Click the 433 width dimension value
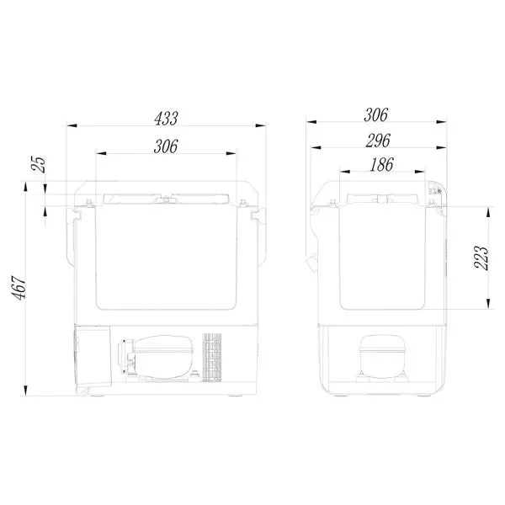[166, 119]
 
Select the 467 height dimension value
[19, 288]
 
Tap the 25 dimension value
[40, 164]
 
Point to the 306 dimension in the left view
[166, 146]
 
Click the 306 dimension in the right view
[376, 115]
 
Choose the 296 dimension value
[378, 141]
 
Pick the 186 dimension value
[381, 165]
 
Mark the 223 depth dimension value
[481, 258]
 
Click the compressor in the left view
[157, 357]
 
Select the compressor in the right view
[381, 357]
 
